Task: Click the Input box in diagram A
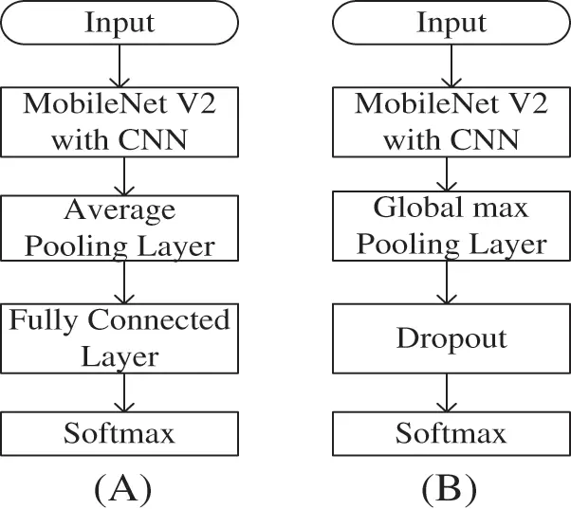(120, 22)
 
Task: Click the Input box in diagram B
(451, 22)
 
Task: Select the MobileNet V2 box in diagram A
(120, 121)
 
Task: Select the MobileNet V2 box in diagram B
(451, 121)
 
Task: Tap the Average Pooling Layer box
(120, 227)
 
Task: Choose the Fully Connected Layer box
(120, 337)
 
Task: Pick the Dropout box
(451, 338)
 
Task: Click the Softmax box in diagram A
(120, 433)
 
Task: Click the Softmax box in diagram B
(451, 433)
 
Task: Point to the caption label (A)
(121, 487)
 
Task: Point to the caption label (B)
(450, 487)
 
